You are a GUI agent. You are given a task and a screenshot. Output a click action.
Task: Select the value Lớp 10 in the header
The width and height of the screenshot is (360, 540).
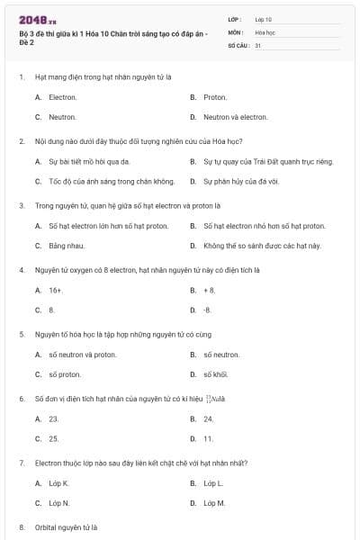pyautogui.click(x=264, y=19)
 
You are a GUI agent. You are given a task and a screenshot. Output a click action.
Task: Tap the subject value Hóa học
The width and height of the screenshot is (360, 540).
pyautogui.click(x=265, y=31)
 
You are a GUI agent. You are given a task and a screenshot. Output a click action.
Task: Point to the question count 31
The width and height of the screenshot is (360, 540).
pyautogui.click(x=258, y=44)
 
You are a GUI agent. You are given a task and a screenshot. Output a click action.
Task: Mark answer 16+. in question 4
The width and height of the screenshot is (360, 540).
pyautogui.click(x=55, y=290)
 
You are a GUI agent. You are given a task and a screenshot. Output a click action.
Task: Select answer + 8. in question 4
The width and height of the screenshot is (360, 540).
pyautogui.click(x=210, y=290)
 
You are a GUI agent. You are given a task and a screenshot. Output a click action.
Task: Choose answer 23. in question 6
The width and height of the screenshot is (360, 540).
pyautogui.click(x=53, y=418)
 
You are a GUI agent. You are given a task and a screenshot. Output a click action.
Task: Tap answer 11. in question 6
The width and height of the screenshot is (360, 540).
pyautogui.click(x=208, y=438)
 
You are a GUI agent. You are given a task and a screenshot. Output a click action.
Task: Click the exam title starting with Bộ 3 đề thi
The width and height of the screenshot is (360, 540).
pyautogui.click(x=112, y=37)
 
